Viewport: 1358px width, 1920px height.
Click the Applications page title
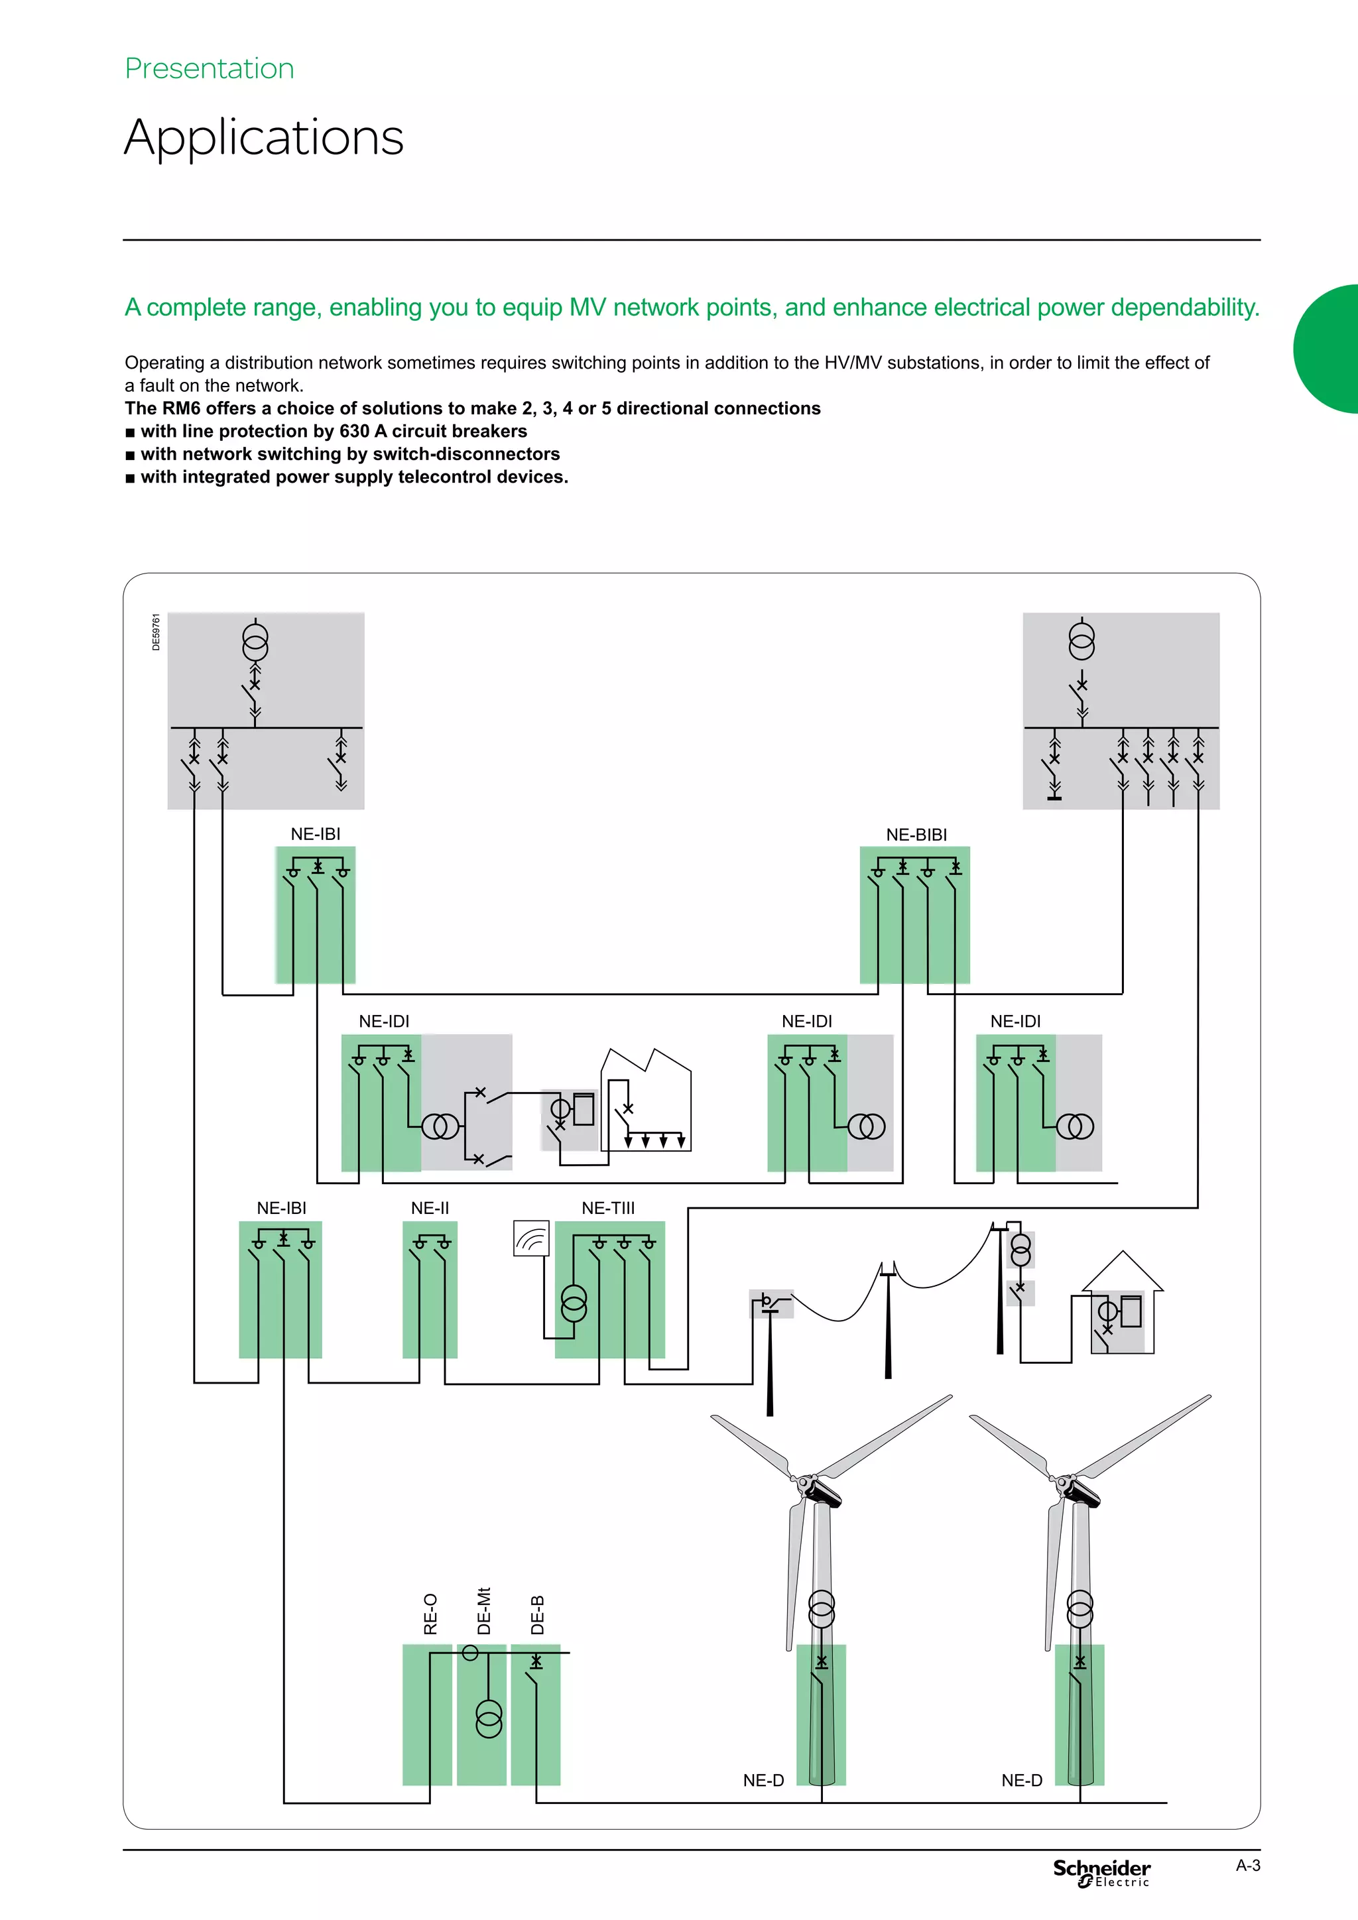[x=263, y=137]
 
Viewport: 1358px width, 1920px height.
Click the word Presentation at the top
[x=209, y=68]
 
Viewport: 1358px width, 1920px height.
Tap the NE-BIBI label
[x=916, y=835]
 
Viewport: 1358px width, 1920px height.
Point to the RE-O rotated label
[x=430, y=1613]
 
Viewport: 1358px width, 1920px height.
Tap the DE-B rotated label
[x=538, y=1614]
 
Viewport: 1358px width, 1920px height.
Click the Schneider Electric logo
[x=1101, y=1872]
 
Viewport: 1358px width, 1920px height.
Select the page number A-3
[x=1248, y=1865]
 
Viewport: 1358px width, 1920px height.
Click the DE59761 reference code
[x=156, y=632]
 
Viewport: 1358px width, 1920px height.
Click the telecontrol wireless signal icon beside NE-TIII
[x=531, y=1238]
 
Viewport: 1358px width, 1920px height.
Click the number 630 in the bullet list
[x=355, y=431]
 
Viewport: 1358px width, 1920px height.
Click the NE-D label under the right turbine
[x=1021, y=1780]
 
